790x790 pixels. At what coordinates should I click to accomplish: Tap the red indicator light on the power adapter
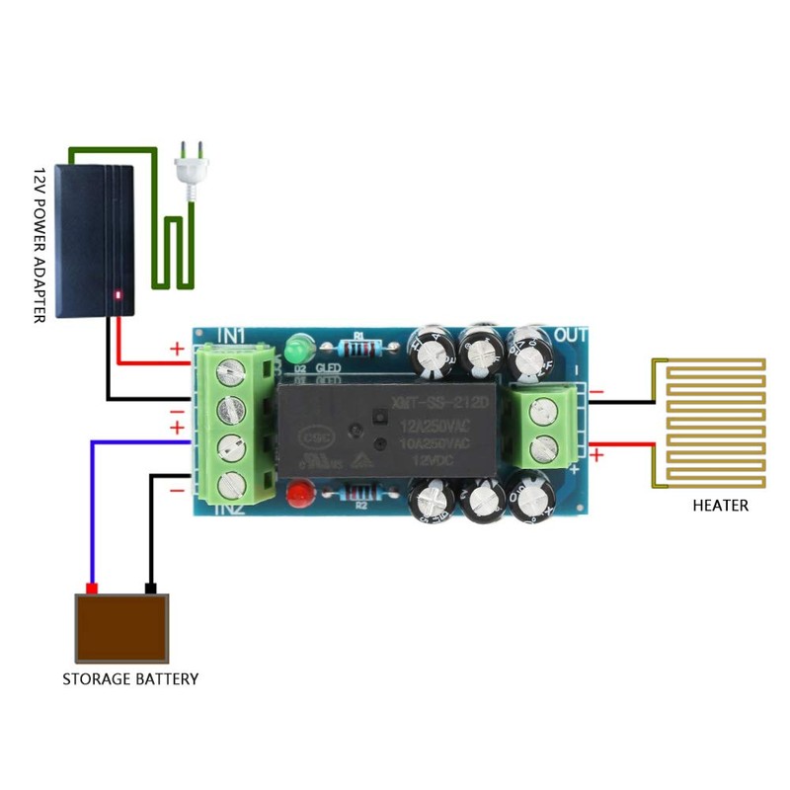(118, 293)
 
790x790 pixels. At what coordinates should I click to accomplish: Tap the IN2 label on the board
(229, 509)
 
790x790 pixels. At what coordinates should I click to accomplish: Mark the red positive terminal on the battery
(92, 589)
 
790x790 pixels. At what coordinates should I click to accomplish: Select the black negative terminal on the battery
(150, 589)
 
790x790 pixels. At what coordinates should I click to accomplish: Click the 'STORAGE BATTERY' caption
(130, 679)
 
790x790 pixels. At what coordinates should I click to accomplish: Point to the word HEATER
(720, 506)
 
